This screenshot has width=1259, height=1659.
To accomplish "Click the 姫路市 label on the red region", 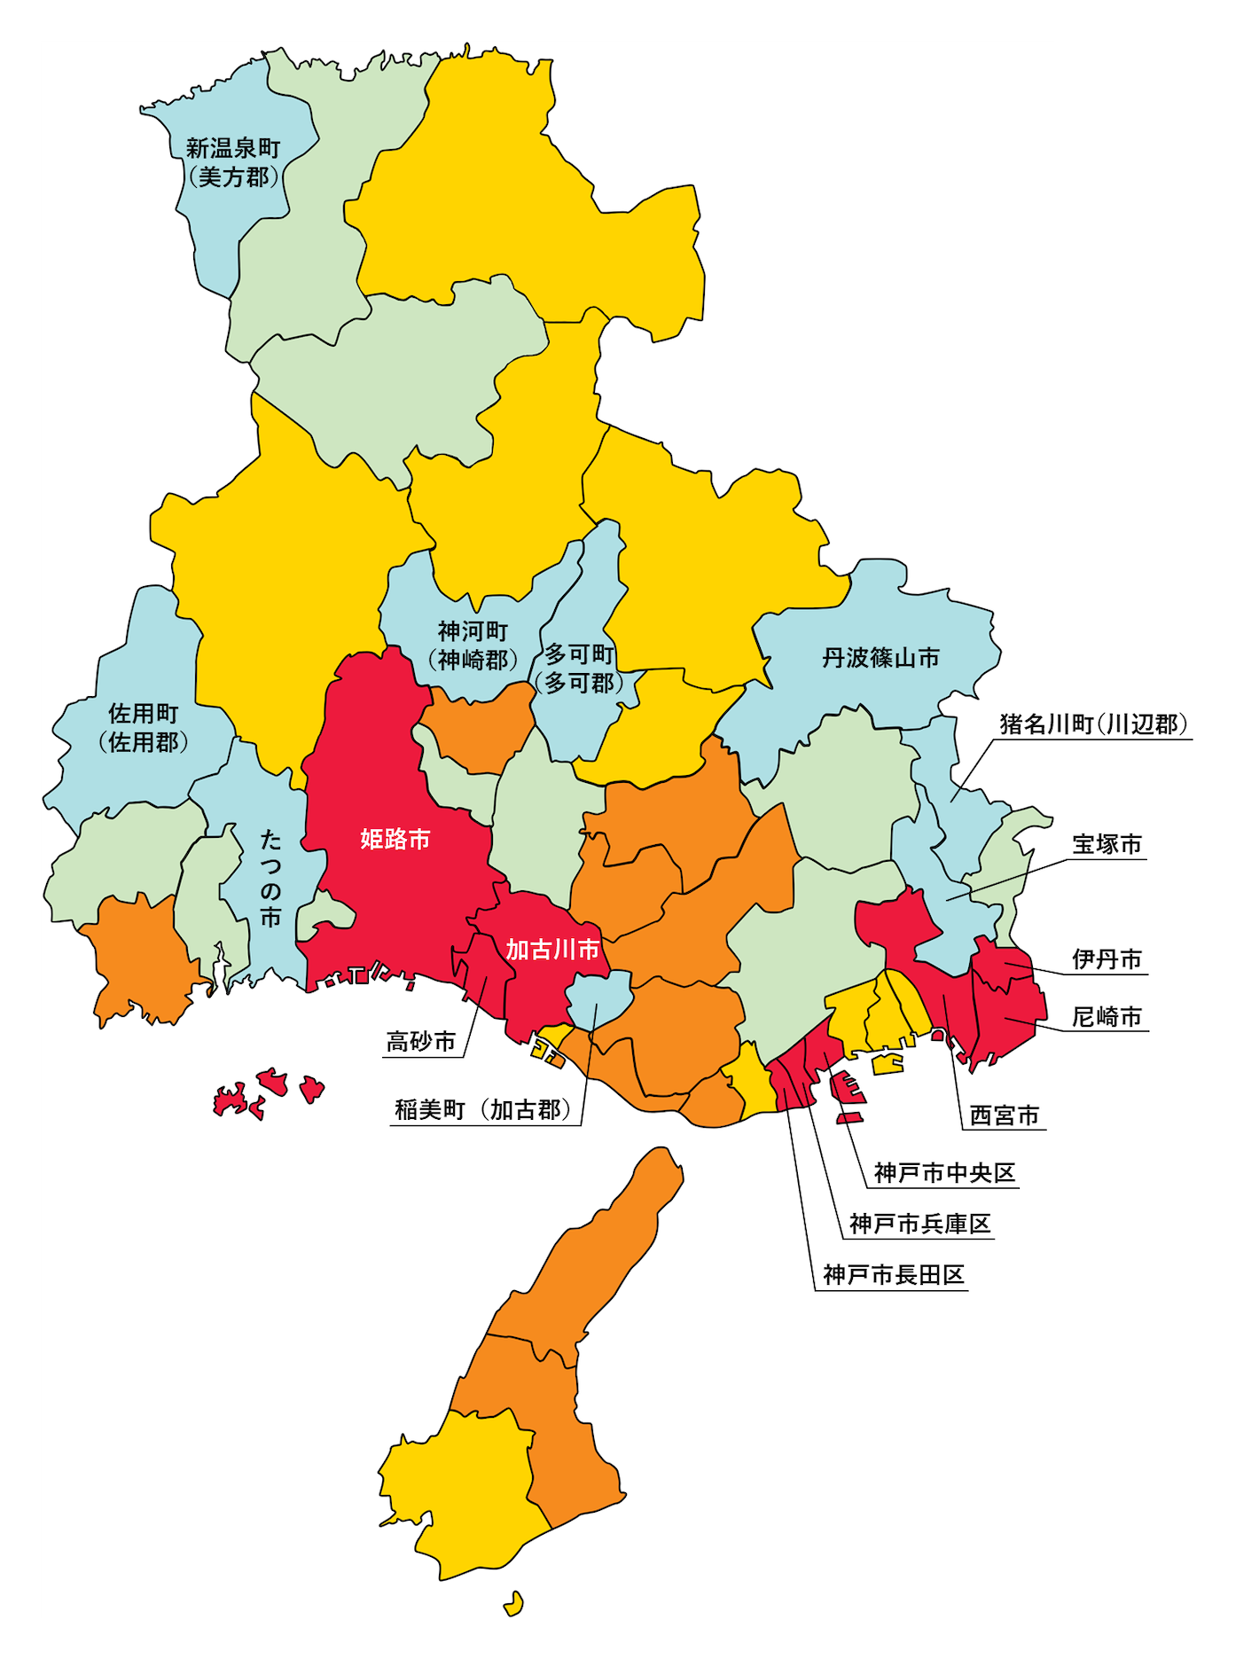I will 395,839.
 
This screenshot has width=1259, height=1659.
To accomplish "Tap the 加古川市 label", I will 552,950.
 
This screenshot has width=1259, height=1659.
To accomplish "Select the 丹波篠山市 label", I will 880,658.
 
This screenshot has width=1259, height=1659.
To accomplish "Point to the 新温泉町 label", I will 233,149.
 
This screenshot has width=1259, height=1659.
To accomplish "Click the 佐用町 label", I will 144,714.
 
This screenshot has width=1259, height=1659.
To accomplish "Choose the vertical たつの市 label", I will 270,879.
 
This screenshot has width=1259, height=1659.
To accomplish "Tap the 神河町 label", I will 473,631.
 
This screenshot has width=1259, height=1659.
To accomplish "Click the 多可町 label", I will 579,654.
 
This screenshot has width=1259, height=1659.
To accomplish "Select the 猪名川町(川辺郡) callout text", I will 1093,724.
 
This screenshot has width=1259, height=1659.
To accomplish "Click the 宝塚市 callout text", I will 1107,844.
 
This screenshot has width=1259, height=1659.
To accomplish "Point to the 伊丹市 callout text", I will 1107,959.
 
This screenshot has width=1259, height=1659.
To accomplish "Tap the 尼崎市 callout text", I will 1107,1016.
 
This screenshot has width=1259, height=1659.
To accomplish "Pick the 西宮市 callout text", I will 1004,1115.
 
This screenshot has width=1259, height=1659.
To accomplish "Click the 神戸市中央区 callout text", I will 944,1173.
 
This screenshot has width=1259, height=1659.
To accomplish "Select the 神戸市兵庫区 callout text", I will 919,1224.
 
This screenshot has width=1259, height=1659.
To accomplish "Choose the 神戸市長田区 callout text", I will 893,1275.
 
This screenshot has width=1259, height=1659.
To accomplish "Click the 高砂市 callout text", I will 421,1041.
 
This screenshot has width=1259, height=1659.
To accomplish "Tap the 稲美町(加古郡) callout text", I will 483,1110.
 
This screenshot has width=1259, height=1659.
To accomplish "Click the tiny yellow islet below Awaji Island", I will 513,1603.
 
